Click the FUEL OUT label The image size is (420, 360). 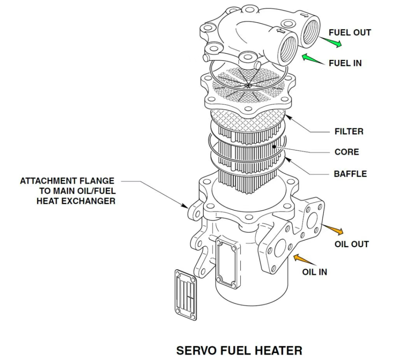tap(350, 33)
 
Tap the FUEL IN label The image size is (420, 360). tap(345, 63)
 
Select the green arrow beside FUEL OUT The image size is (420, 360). tap(331, 41)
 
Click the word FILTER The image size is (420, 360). tap(349, 132)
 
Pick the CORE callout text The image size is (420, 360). tap(347, 152)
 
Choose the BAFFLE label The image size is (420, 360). tap(350, 174)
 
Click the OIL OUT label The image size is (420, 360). tap(352, 244)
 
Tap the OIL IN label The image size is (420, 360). tap(315, 272)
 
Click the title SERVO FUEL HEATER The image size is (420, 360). tap(239, 351)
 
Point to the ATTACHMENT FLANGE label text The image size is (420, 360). tap(67, 191)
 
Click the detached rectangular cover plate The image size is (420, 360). tap(186, 294)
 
